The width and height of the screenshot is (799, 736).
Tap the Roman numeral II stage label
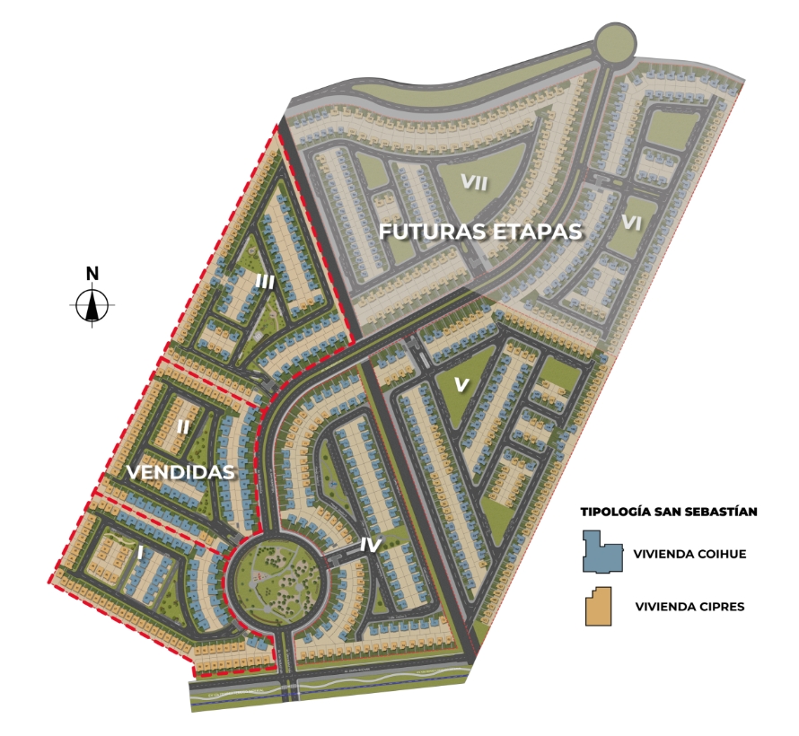[182, 427]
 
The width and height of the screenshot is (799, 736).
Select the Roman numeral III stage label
[264, 282]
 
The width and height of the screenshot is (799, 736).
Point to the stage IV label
[370, 544]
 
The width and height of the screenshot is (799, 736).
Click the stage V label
[461, 384]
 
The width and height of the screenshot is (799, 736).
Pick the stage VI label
[631, 223]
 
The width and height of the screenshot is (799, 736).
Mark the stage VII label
[473, 182]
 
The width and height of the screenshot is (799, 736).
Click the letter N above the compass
[92, 274]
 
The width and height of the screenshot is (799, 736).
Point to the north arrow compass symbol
[92, 306]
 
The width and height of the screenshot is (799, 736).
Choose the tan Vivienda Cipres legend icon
[600, 606]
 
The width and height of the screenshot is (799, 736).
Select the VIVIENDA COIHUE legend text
[689, 554]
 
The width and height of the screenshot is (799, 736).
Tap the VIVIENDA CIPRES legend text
[689, 607]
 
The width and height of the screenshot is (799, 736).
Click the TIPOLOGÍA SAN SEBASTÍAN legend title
[669, 513]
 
